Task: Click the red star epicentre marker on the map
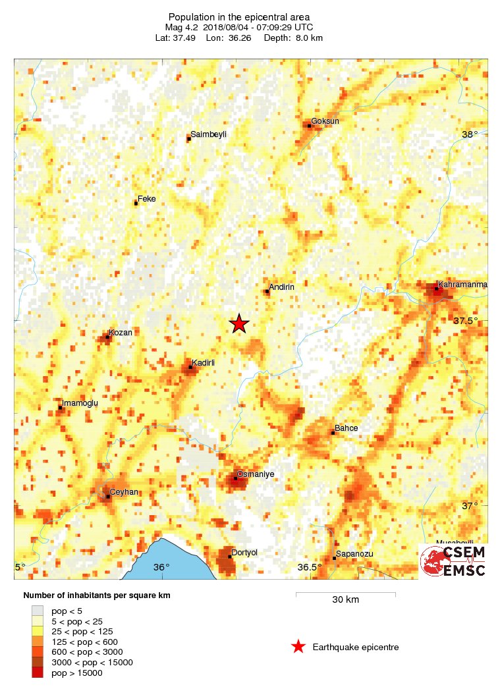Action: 239,323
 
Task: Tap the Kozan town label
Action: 121,333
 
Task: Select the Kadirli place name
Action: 204,363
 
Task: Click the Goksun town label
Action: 325,121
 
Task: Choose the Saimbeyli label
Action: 208,134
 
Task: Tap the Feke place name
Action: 146,198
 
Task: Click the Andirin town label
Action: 281,287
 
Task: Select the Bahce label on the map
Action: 347,428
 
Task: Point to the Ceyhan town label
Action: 123,492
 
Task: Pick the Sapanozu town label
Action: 354,554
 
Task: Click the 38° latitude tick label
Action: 470,134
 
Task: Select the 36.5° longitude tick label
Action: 309,567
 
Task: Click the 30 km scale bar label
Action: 345,600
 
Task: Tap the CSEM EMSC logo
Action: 453,561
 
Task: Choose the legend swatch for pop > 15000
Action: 38,673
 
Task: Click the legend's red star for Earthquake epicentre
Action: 298,647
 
